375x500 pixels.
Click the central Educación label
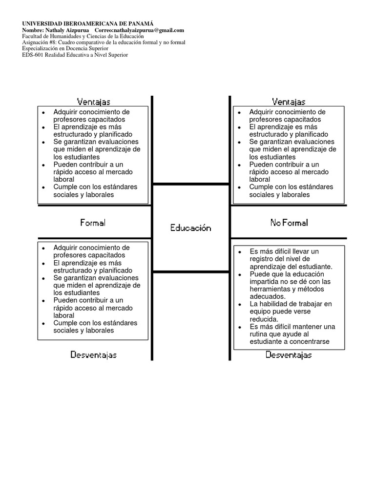(190, 228)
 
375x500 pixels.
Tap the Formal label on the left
(93, 223)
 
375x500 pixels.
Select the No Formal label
(289, 223)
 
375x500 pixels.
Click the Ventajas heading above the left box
(93, 102)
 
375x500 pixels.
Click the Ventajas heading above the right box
(289, 102)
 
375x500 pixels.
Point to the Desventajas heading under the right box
(289, 355)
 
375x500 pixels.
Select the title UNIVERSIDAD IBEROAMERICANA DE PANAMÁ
(88, 23)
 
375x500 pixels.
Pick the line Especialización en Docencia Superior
(65, 49)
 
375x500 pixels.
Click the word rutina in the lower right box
(259, 334)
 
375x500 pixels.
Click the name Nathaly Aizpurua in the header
(68, 30)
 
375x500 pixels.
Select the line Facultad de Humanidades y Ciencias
(83, 37)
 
